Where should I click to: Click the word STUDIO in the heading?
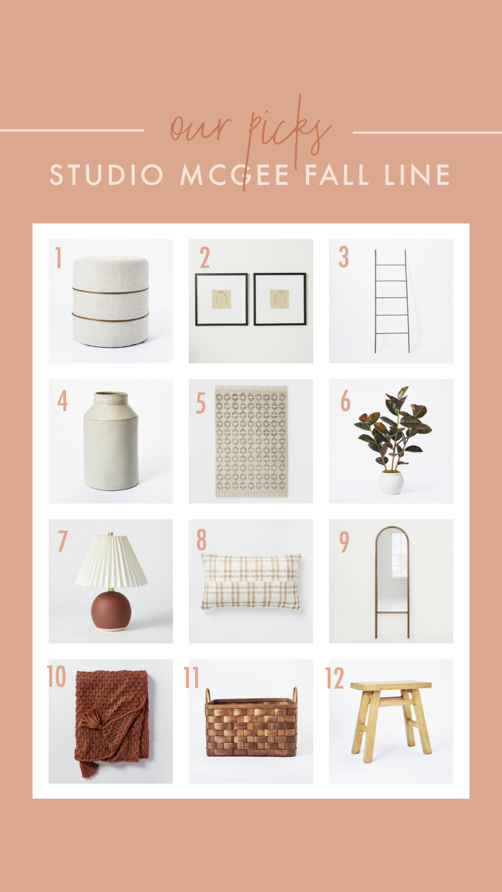coord(106,175)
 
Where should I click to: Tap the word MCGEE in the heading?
coord(235,175)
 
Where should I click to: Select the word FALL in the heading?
coord(337,175)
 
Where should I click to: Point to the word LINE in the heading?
coord(417,175)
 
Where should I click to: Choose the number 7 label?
coord(63,541)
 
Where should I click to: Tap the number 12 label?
coord(334,678)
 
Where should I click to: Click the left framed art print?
coord(221,299)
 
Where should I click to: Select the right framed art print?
coord(280,299)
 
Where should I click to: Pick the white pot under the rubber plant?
coord(391,483)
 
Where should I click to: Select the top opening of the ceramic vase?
coord(111,394)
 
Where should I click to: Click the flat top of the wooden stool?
coord(391,686)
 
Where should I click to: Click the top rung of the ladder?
coord(391,265)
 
